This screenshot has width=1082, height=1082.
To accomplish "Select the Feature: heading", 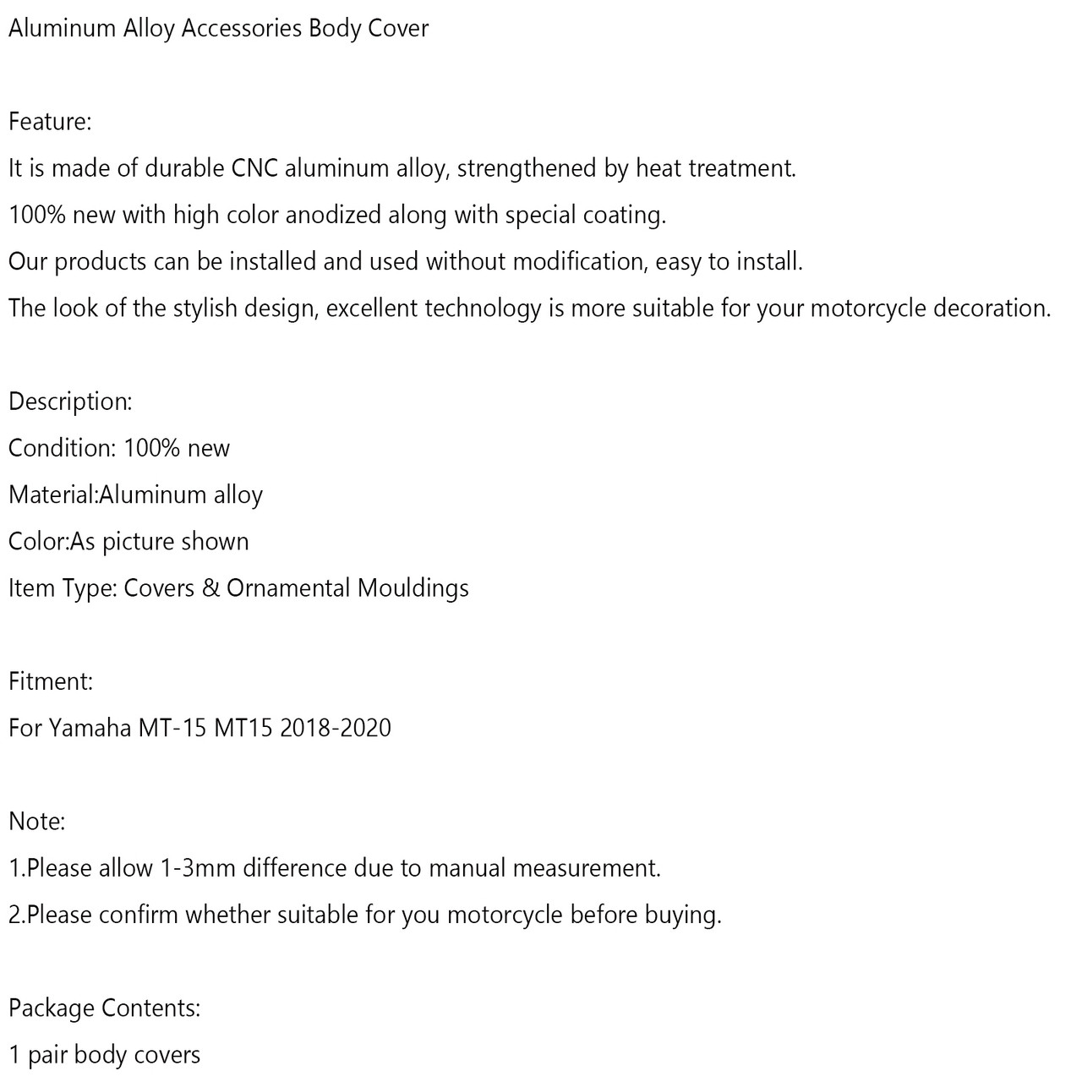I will tap(50, 122).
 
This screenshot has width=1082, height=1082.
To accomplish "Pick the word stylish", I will tap(205, 308).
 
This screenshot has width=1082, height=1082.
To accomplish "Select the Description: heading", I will tap(70, 402).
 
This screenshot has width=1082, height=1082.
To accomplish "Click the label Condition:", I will tap(62, 448).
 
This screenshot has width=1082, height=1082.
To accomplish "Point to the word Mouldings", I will tap(413, 588).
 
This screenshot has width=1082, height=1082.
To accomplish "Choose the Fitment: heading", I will tap(51, 681).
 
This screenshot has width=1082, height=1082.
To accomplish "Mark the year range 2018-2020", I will tap(336, 728).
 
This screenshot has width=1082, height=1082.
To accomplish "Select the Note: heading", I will tap(36, 822).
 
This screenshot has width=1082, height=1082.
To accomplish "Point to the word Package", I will tap(51, 1008).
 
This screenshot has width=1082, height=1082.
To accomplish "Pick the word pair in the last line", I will tap(47, 1055).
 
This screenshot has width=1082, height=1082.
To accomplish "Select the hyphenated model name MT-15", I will tap(172, 728).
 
